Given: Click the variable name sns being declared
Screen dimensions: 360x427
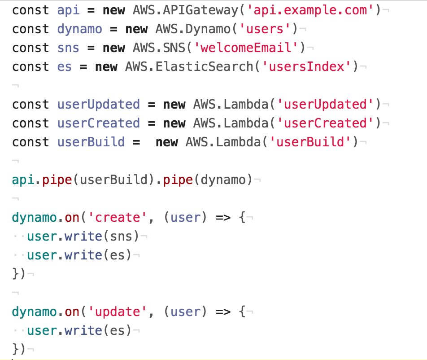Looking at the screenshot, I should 68,48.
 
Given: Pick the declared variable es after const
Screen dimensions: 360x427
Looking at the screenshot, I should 65,67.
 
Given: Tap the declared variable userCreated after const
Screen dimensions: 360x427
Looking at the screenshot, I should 98,123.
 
